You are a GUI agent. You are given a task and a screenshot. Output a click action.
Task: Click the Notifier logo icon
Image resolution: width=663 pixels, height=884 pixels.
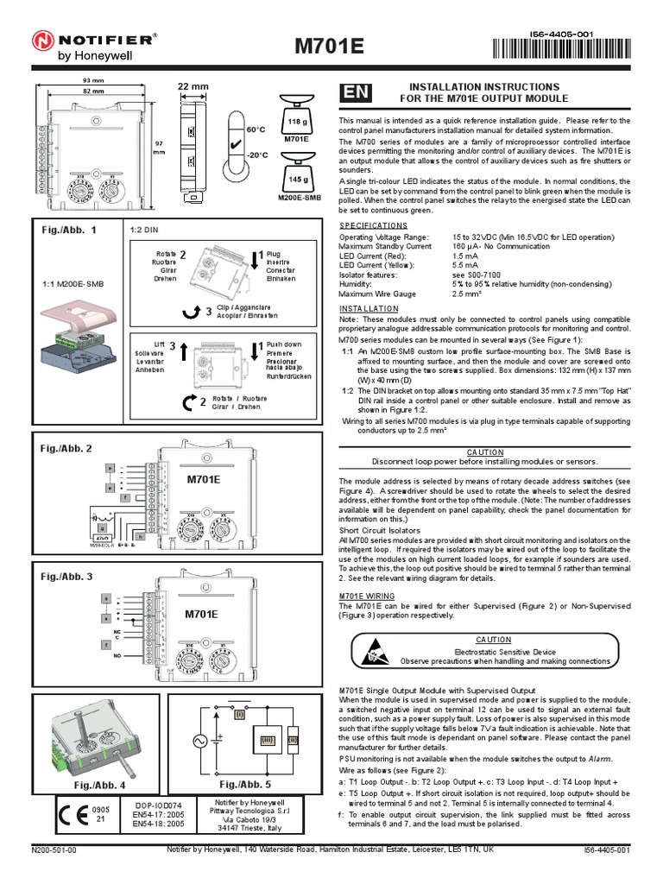point(43,40)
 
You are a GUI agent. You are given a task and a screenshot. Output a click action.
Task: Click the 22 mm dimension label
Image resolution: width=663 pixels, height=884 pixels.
point(193,86)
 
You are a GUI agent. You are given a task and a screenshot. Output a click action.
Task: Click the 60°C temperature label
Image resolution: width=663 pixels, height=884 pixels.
point(256,129)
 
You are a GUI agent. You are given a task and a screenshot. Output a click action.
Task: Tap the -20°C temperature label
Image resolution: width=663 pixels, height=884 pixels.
point(258,155)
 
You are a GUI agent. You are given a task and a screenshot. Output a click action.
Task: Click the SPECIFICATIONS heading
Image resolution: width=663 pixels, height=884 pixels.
point(373,224)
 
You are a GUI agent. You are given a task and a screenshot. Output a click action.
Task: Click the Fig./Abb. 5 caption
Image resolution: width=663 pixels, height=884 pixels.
point(244,784)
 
